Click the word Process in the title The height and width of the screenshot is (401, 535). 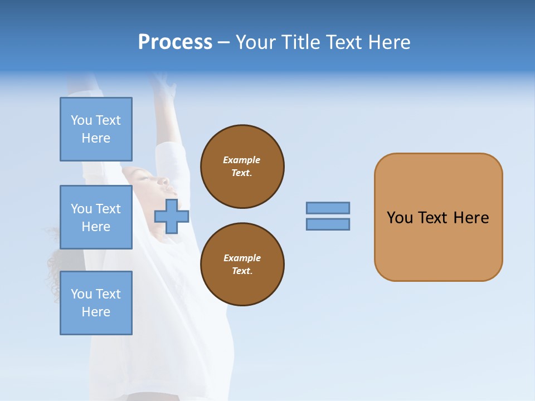[175, 42]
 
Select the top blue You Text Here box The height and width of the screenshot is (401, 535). [96, 129]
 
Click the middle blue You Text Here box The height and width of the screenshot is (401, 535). [96, 217]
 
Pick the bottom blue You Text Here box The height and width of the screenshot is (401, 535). [96, 303]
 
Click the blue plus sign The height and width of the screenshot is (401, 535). [172, 217]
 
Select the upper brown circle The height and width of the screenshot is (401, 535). [242, 167]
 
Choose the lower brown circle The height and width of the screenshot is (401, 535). [242, 265]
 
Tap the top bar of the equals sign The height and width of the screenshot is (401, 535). [328, 208]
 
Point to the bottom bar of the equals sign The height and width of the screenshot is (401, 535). [328, 224]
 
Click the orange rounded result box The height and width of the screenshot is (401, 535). [438, 245]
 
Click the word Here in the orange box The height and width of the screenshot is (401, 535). [471, 218]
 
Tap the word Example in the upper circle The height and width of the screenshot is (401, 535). [242, 160]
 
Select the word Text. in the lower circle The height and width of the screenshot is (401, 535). [242, 271]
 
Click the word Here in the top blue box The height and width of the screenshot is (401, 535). [96, 138]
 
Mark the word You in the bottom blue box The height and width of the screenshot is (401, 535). [81, 294]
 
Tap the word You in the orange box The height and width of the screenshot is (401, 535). [400, 218]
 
